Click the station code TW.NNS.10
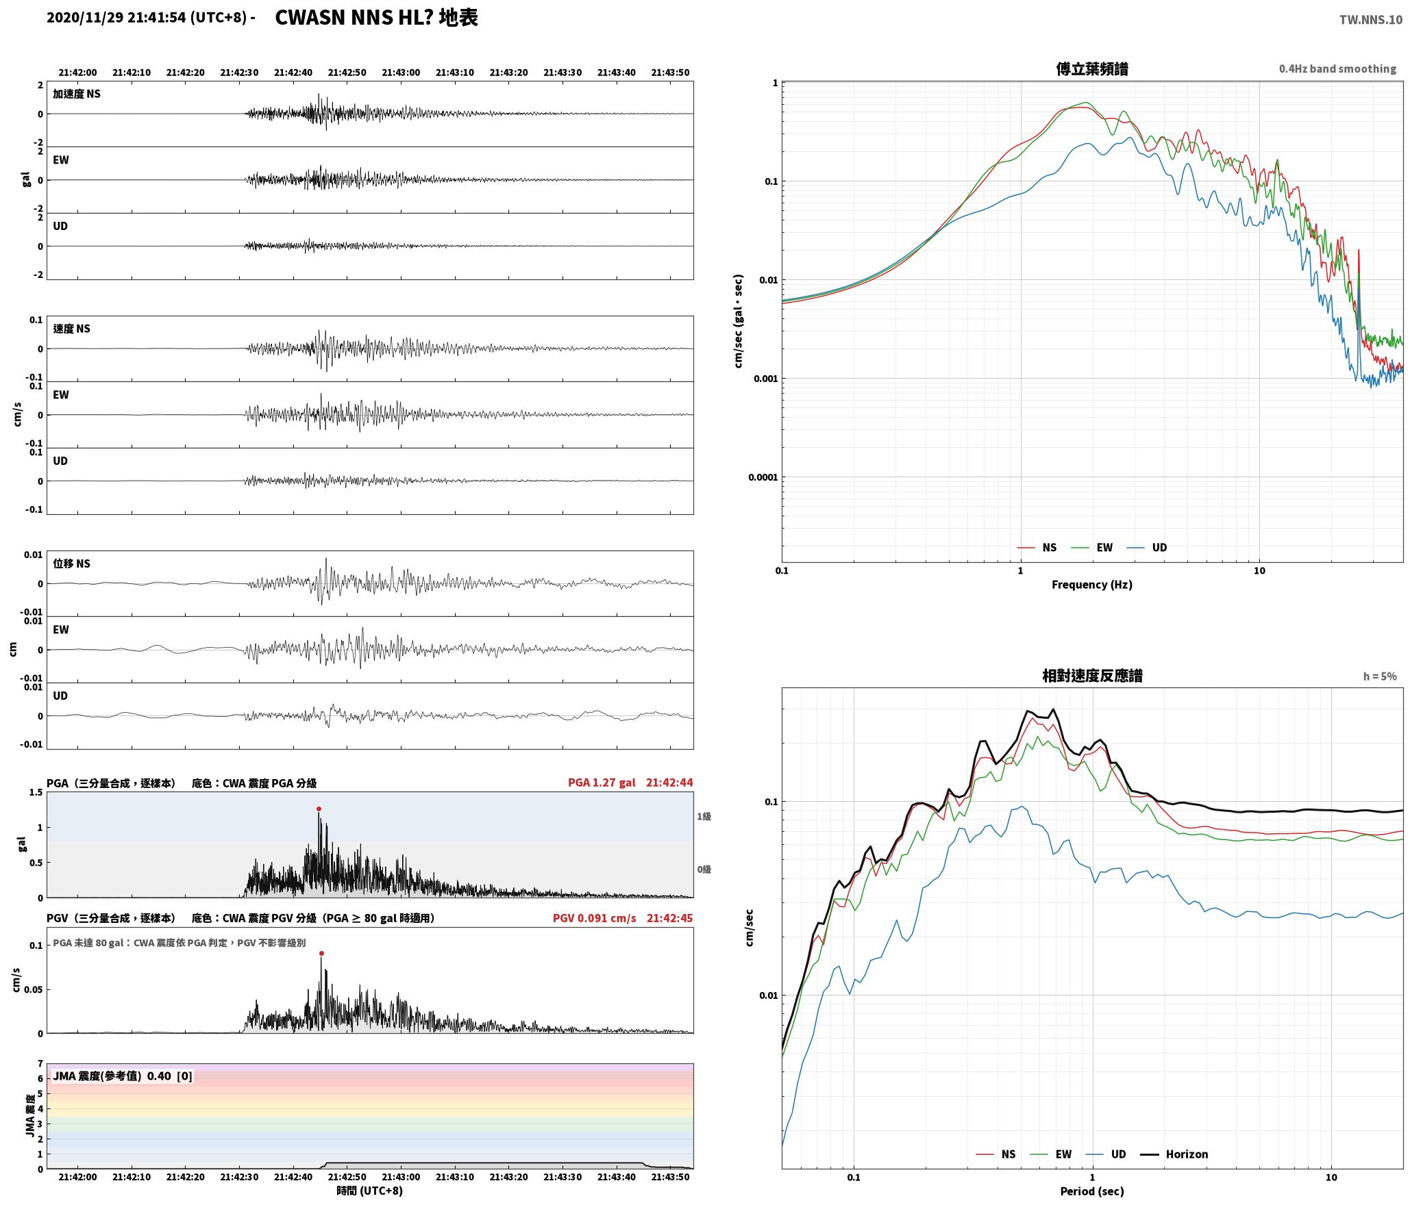1371,20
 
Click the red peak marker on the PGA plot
319,809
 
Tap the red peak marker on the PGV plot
321,953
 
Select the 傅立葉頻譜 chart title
1092,68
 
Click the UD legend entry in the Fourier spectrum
1148,548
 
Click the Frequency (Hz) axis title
1092,585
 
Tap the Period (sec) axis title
1092,1191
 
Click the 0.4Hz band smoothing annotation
1337,69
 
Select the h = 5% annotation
1380,676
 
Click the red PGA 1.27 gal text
602,783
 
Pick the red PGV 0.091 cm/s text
595,918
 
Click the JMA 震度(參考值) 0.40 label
112,1076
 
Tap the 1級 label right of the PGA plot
704,816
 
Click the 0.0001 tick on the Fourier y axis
763,477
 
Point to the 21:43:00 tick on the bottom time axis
401,1177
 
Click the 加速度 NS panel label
77,94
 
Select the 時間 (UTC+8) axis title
370,1191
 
